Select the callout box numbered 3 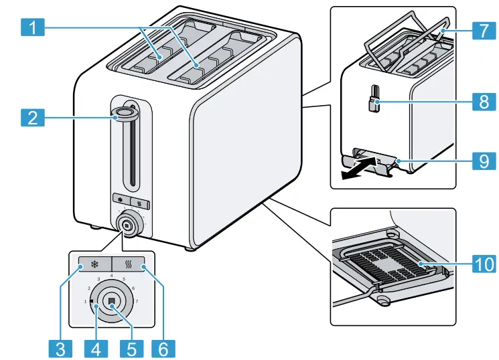(60, 348)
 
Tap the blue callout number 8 (482, 102)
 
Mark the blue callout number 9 (482, 161)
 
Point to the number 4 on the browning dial (111, 275)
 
